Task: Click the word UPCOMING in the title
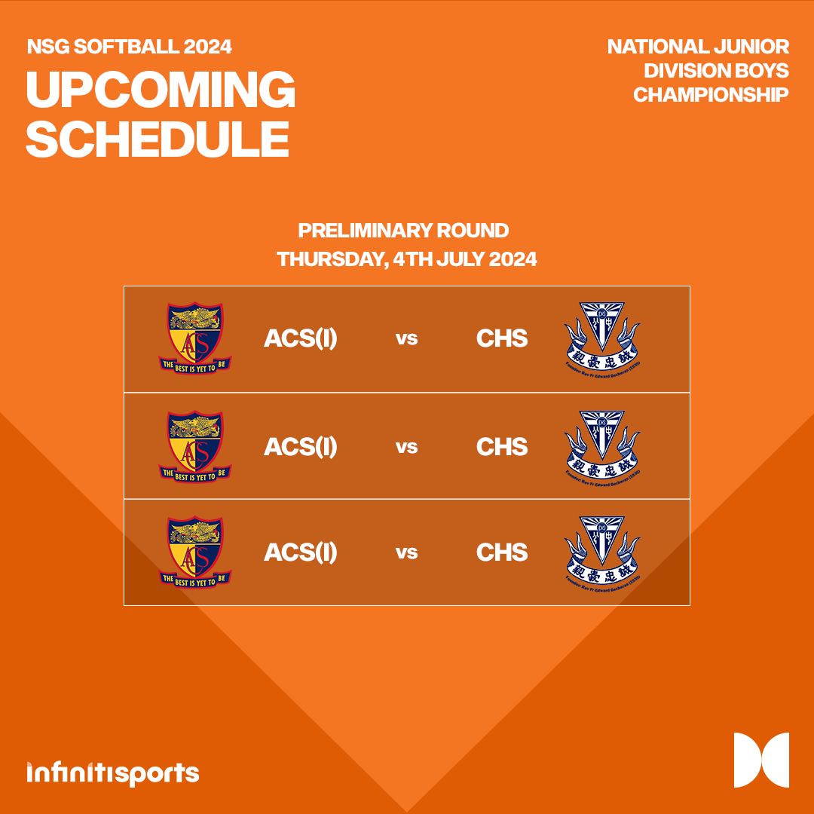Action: point(161,90)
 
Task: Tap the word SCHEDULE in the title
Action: point(158,138)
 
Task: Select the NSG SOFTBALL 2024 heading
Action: point(130,47)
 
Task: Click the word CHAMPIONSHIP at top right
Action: point(711,95)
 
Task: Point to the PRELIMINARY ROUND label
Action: point(403,231)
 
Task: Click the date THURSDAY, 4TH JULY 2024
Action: point(407,259)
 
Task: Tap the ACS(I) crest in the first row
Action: point(195,338)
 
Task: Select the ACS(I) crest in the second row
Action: point(195,445)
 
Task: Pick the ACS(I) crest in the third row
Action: point(195,552)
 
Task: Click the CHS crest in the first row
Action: point(601,338)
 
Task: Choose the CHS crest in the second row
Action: point(601,445)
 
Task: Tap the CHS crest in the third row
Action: point(601,552)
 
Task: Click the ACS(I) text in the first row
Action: point(300,339)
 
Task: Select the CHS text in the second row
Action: point(502,447)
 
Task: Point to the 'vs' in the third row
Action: point(406,553)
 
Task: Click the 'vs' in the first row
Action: point(406,339)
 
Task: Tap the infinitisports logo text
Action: point(113,773)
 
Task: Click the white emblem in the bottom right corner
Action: point(761,760)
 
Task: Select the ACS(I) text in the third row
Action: point(300,553)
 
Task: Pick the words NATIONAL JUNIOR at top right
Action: point(698,47)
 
